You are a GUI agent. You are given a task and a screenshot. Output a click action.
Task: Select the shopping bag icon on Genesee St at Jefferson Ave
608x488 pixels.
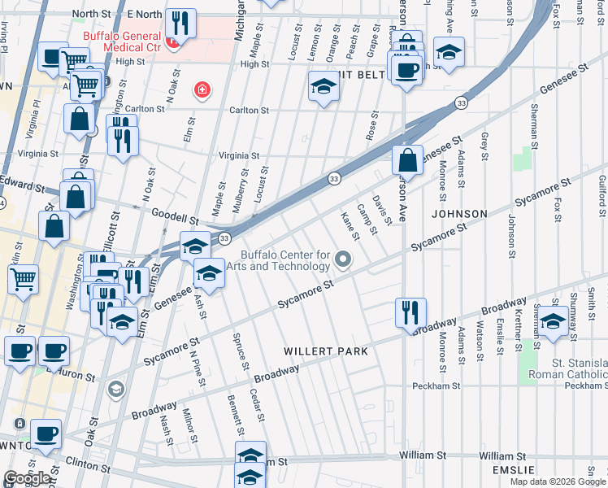(408, 159)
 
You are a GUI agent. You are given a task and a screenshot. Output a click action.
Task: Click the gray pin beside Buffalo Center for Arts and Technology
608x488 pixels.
(344, 260)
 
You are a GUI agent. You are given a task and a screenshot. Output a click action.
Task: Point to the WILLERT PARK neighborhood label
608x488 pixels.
(326, 351)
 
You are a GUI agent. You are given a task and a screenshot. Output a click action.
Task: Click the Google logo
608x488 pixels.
(26, 478)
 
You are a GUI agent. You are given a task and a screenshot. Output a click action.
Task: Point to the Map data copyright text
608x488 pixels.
(558, 481)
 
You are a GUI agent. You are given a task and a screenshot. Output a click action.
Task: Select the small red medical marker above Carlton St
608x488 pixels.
(200, 89)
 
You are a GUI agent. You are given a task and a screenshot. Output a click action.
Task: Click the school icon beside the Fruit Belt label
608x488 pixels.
(324, 88)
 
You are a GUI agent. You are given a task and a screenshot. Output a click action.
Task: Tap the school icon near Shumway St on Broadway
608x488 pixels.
(553, 321)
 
